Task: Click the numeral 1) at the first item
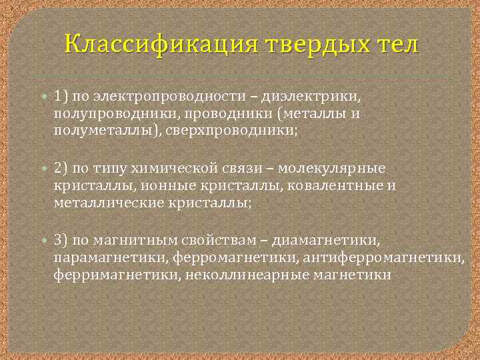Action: click(62, 97)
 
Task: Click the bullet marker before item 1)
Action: click(45, 97)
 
